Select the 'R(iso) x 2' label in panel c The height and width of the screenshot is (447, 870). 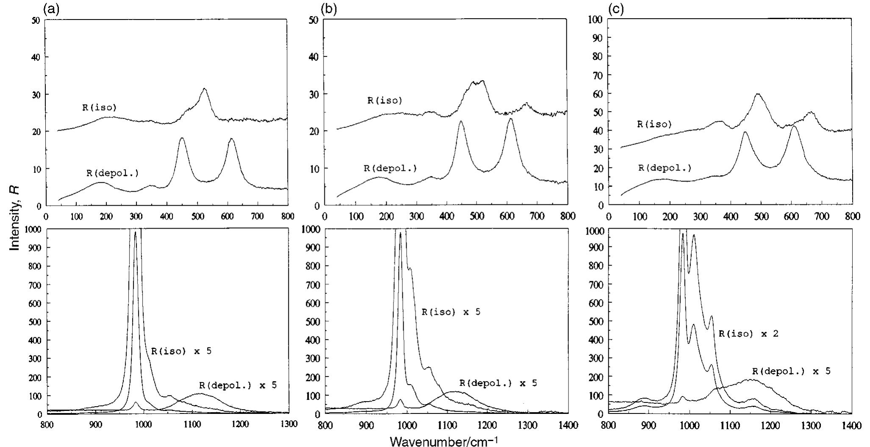(x=748, y=334)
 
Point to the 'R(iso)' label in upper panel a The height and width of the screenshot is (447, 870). (x=99, y=107)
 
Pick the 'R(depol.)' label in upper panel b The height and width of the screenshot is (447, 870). (x=390, y=168)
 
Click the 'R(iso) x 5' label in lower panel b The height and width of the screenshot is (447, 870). (x=451, y=312)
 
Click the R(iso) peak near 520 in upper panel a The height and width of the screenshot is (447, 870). (x=205, y=89)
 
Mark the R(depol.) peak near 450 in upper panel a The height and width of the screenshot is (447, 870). (x=182, y=138)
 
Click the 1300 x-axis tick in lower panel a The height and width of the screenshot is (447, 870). (x=289, y=424)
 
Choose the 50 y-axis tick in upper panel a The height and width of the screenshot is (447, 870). (x=36, y=20)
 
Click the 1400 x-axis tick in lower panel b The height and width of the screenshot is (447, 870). (x=568, y=424)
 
